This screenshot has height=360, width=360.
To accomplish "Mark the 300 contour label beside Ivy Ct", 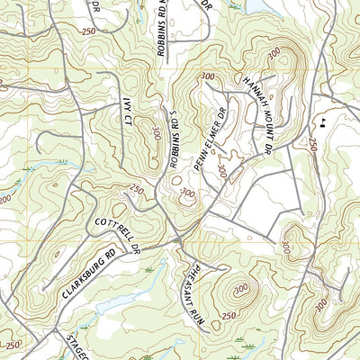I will click(157, 132).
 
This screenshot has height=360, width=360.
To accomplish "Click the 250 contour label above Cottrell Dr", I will click(137, 189).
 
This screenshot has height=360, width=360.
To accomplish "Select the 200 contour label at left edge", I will click(5, 198).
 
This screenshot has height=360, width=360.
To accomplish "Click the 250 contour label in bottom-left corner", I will click(12, 345).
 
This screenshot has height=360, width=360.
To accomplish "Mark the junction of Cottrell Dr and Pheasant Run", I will click(179, 240).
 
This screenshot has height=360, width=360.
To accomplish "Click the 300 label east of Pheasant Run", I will click(240, 288).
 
